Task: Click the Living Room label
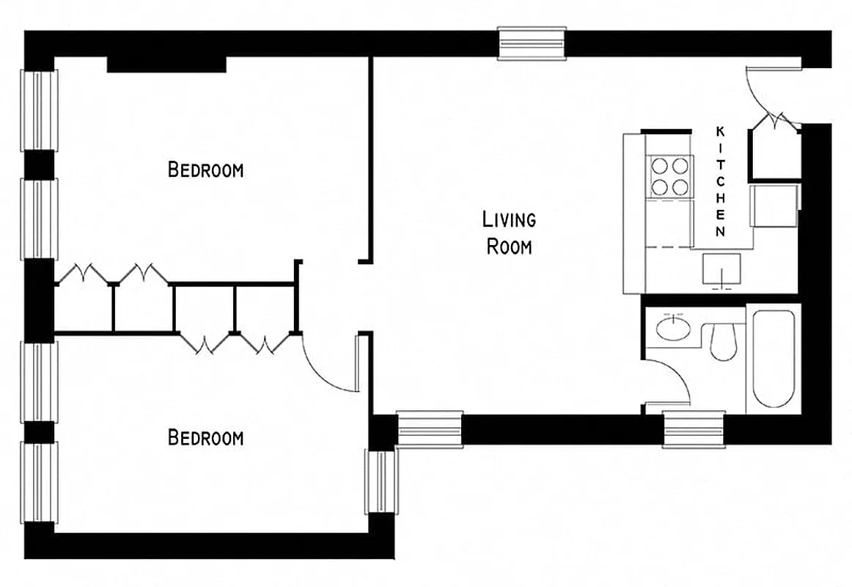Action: tap(509, 233)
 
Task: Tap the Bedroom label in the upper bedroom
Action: tap(205, 170)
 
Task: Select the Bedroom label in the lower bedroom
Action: tap(205, 438)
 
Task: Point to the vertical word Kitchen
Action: tap(720, 181)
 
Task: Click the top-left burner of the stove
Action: tap(660, 166)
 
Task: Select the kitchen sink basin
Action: tap(721, 269)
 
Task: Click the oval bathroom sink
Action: tap(673, 328)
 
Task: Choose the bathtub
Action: tap(773, 360)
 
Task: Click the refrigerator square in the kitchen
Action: tap(774, 207)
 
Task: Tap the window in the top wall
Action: tap(532, 43)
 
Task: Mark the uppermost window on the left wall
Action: tap(39, 110)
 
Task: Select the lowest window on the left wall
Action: tap(39, 481)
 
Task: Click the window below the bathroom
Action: tap(694, 429)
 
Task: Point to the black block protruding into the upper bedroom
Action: tap(166, 65)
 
